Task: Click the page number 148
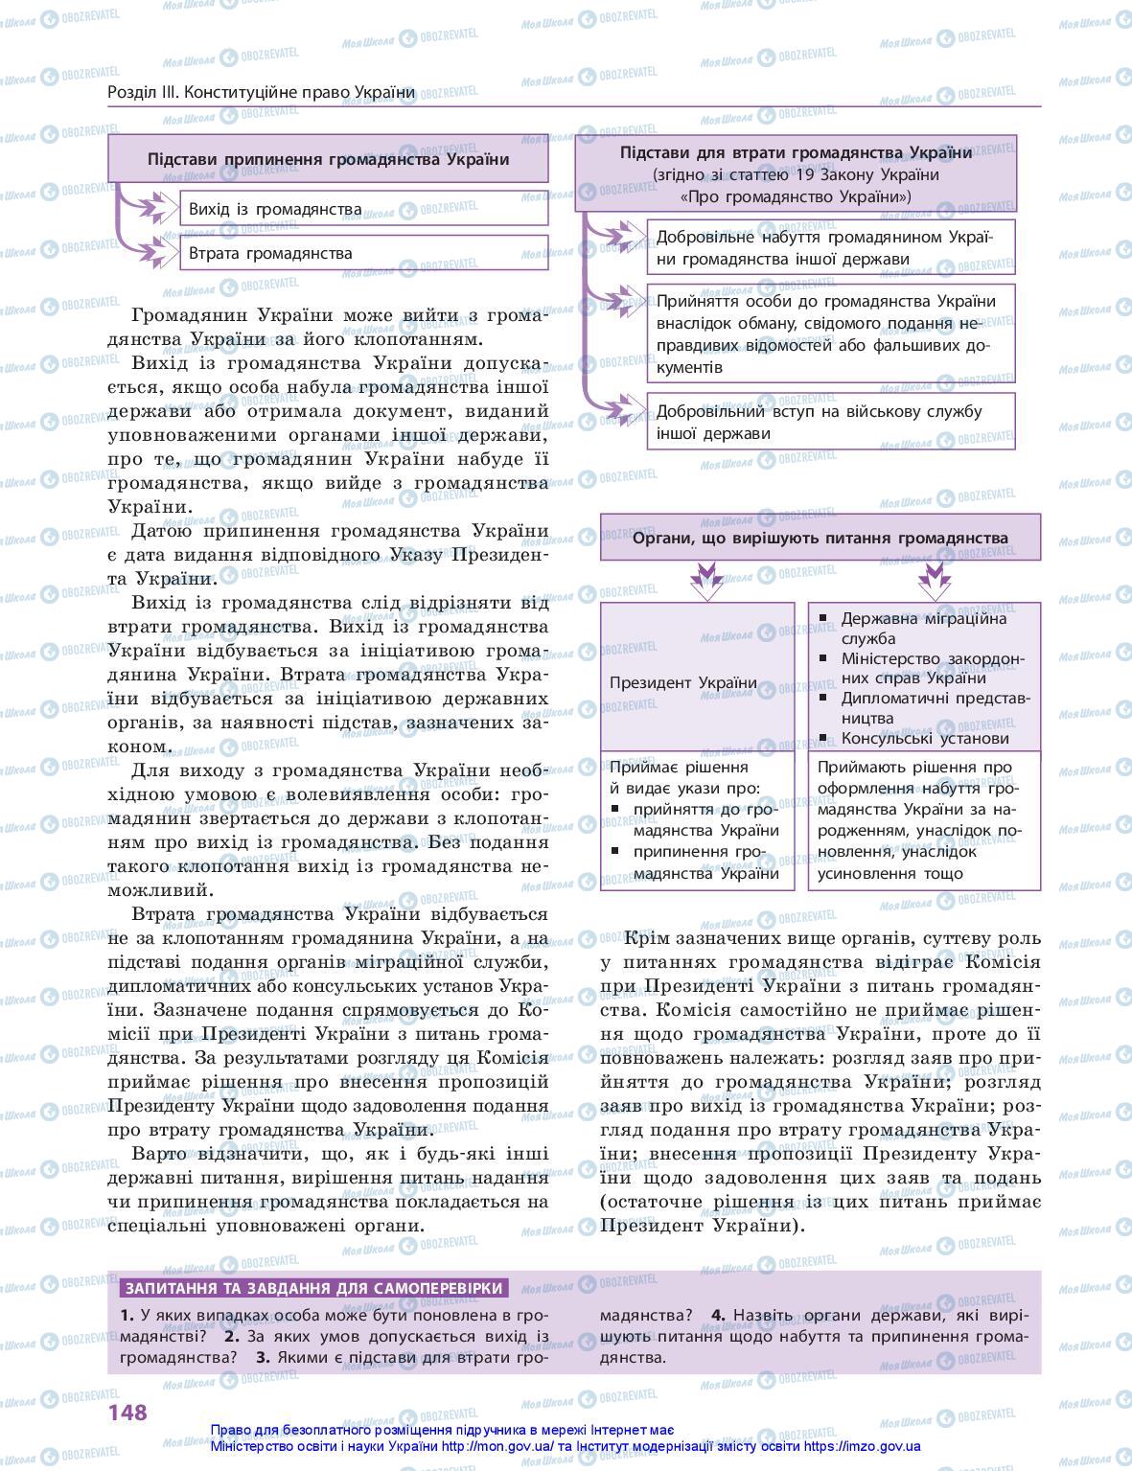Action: [127, 1412]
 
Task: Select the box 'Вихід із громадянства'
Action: [363, 209]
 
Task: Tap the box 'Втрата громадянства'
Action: [363, 254]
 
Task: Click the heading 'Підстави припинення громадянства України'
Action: [328, 159]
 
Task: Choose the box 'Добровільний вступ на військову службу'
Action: [830, 423]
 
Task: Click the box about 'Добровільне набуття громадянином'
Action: [830, 249]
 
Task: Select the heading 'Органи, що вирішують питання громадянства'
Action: [820, 538]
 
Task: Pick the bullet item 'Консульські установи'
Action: [924, 739]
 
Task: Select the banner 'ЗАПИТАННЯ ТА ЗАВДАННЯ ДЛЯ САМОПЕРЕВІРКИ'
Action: [315, 1289]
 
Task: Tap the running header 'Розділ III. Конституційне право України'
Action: [262, 92]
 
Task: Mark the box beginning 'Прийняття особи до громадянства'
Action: [830, 333]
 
